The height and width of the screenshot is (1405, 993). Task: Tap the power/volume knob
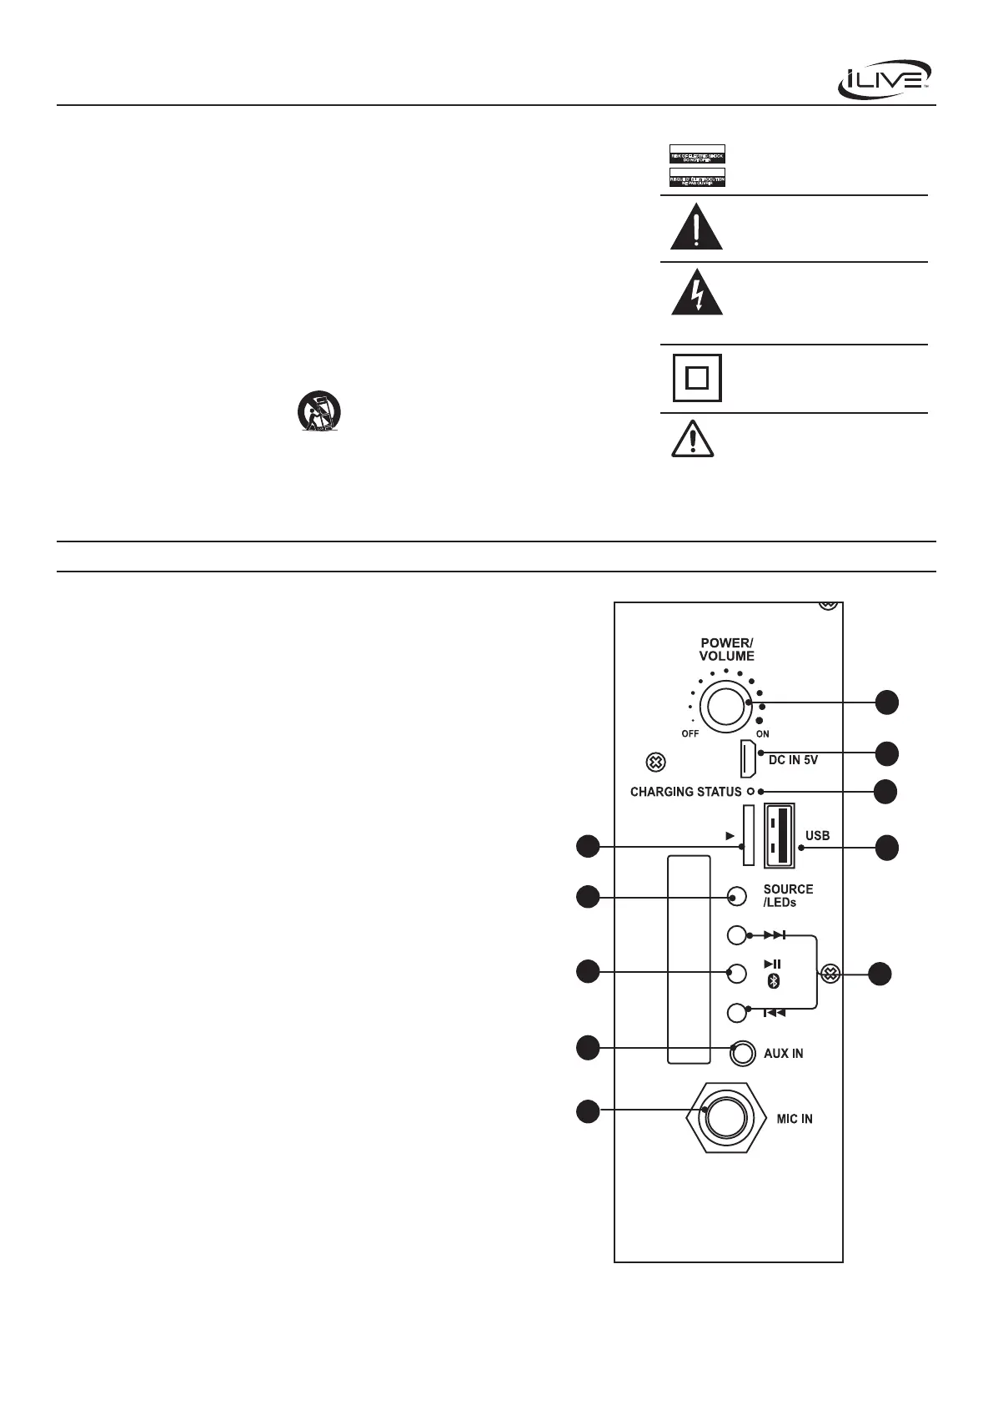(x=727, y=705)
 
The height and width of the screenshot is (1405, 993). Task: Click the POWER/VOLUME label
(x=726, y=649)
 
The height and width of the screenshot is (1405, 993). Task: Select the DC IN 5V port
(x=747, y=758)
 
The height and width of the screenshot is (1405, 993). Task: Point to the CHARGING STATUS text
(x=685, y=792)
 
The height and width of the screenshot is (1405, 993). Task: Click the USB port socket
(x=779, y=835)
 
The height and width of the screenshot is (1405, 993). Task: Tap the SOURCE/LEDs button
(x=736, y=897)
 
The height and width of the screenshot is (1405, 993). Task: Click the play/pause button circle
(x=736, y=973)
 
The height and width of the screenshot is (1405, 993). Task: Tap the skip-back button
(x=736, y=1012)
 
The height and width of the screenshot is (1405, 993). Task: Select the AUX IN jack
(x=740, y=1053)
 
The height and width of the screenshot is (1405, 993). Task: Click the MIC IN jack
(x=722, y=1117)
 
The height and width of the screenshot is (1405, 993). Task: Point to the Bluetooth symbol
(x=773, y=982)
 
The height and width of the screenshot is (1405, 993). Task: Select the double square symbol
(x=697, y=379)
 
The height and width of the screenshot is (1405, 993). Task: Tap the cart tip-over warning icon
(x=318, y=412)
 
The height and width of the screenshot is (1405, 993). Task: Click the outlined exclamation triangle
(x=693, y=440)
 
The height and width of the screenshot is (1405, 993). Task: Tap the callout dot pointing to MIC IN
(x=588, y=1111)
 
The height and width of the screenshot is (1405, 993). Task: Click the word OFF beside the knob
(x=690, y=734)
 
